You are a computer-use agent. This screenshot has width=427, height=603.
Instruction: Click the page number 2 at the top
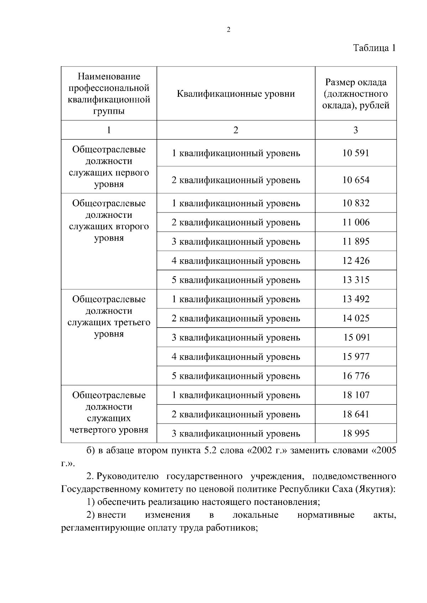pos(228,30)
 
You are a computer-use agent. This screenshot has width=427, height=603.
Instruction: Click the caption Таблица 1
pos(374,48)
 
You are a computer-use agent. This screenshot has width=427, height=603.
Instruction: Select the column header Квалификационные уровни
pos(236,94)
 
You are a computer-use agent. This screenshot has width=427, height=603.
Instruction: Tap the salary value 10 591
pos(356,153)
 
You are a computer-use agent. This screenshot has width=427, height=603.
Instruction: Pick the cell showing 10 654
pos(356,180)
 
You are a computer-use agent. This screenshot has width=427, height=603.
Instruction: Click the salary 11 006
pos(356,222)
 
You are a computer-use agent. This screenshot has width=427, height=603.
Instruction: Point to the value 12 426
pos(356,261)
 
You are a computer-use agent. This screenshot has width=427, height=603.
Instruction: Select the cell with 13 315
pos(356,280)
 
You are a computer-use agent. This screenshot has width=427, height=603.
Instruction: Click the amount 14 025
pos(356,318)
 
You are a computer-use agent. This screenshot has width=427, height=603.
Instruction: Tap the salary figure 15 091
pos(357,338)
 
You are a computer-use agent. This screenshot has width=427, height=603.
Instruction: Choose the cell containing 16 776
pos(356,376)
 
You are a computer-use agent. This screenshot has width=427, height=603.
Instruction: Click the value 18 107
pos(356,395)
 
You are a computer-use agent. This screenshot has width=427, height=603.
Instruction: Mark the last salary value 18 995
pos(356,434)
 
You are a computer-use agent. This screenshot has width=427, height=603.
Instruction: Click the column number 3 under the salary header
pos(355,130)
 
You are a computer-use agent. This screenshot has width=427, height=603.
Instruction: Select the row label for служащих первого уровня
pos(109,167)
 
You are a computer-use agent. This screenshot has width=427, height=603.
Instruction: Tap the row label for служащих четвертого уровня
pos(109,413)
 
